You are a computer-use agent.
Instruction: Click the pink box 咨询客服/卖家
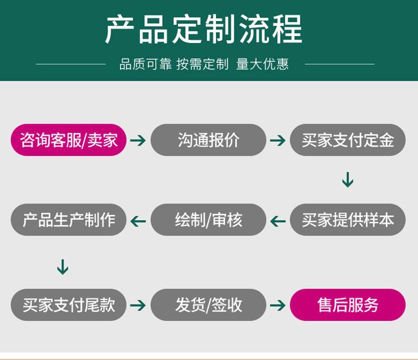[68, 140]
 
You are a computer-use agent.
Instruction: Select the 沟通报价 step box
[208, 140]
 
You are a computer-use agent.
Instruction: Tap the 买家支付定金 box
[348, 140]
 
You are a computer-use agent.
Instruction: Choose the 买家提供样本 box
[348, 220]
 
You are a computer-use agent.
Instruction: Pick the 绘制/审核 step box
[208, 220]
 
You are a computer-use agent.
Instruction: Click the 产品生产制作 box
[68, 220]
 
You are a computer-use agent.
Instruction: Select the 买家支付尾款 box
[68, 305]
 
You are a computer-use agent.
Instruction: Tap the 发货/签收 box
[208, 305]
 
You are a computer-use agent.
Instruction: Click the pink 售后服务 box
[348, 305]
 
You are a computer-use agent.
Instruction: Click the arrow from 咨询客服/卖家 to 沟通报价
[138, 140]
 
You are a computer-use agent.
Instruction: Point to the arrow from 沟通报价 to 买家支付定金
[278, 140]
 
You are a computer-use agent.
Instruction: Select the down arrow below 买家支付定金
[348, 180]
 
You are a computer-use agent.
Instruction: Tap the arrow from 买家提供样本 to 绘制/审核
[278, 221]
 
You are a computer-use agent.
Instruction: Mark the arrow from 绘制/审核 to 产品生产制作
[138, 221]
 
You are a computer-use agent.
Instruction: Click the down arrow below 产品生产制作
[62, 267]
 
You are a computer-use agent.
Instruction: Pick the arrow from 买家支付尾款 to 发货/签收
[138, 305]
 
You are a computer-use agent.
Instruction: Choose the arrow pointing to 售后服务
[278, 305]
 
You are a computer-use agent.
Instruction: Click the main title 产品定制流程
[204, 29]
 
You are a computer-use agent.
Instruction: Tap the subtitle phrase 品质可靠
[146, 64]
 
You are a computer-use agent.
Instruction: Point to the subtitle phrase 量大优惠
[262, 64]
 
